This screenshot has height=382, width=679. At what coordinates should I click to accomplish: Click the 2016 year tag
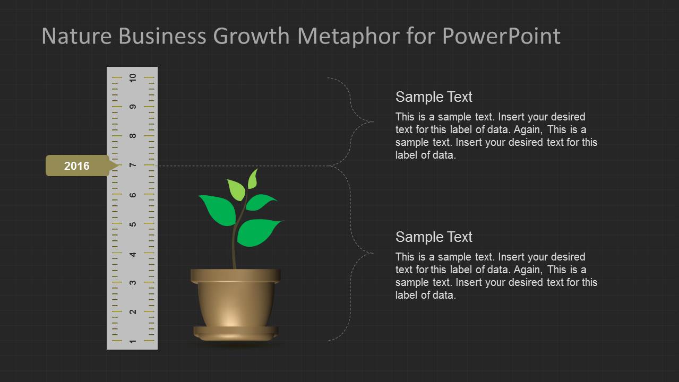(80, 166)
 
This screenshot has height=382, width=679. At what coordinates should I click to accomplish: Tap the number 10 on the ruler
(133, 78)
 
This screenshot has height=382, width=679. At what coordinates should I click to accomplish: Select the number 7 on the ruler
(133, 165)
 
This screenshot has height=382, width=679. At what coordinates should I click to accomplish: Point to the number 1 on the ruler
(133, 341)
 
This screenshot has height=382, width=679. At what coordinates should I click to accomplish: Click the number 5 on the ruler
(133, 224)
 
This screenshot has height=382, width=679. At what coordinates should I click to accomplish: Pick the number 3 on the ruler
(133, 283)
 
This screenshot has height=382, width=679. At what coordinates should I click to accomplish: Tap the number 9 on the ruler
(133, 107)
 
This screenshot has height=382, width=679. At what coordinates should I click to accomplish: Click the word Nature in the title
(76, 36)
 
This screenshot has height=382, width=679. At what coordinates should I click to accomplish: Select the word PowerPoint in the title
(501, 36)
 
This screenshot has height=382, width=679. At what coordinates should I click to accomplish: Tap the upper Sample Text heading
(434, 97)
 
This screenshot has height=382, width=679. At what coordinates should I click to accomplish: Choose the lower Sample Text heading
(434, 237)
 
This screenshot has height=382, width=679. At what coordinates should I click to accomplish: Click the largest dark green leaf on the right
(257, 232)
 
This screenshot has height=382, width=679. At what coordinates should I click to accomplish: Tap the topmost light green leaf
(253, 180)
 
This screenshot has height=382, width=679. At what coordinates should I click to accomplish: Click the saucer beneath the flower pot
(236, 334)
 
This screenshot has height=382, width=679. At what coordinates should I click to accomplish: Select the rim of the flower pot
(236, 276)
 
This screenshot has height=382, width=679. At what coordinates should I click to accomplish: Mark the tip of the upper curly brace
(373, 122)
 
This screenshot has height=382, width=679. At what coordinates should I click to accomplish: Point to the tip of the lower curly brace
(373, 253)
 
